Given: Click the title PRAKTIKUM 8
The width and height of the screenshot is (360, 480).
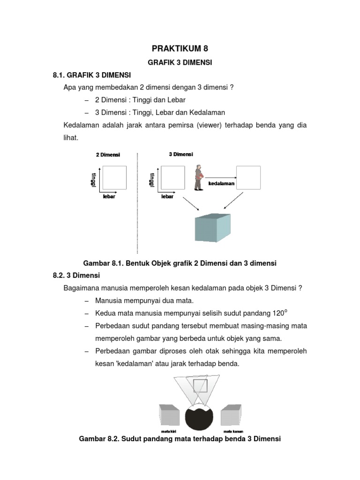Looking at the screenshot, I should pyautogui.click(x=180, y=48).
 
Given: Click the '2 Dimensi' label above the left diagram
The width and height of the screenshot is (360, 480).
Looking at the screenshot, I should pyautogui.click(x=108, y=154).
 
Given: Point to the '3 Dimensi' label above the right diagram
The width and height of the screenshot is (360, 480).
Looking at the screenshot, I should pyautogui.click(x=180, y=154).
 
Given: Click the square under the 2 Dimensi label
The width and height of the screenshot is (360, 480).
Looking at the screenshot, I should pyautogui.click(x=114, y=178).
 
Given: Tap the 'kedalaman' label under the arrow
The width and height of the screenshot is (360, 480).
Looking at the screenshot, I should pyautogui.click(x=221, y=184).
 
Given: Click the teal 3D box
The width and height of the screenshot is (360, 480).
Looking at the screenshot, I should pyautogui.click(x=212, y=228).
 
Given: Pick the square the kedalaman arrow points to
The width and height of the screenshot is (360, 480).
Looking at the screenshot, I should pyautogui.click(x=248, y=177).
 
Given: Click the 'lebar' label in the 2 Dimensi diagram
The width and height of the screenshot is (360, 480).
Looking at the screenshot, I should pyautogui.click(x=109, y=196).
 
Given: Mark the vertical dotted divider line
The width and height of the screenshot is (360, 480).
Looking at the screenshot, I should pyautogui.click(x=137, y=202).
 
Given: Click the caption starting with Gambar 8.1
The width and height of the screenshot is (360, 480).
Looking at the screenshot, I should pyautogui.click(x=180, y=263).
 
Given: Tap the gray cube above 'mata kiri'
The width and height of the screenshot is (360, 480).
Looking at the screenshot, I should pyautogui.click(x=169, y=414).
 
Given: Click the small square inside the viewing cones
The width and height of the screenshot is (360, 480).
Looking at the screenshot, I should pyautogui.click(x=200, y=386).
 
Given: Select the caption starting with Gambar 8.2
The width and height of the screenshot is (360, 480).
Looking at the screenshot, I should pyautogui.click(x=180, y=439).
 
